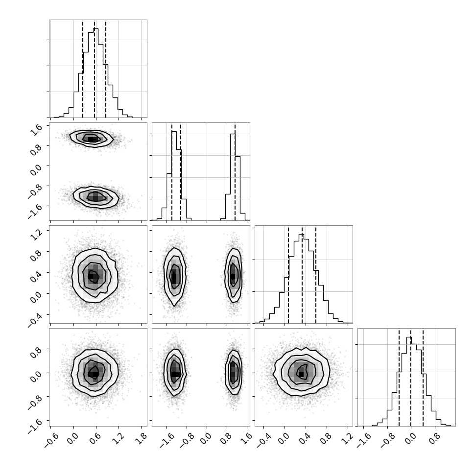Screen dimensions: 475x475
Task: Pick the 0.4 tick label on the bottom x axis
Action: coord(306,438)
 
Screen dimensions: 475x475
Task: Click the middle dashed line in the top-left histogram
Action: coord(95,70)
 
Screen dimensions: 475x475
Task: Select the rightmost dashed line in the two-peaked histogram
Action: coord(235,172)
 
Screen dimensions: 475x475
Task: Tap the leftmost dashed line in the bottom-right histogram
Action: coord(399,378)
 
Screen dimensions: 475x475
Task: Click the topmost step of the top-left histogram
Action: coord(95,28)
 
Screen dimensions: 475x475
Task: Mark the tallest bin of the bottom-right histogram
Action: coord(409,337)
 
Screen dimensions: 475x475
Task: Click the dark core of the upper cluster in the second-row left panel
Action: coord(92,140)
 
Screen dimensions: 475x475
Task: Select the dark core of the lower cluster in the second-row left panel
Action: coord(95,197)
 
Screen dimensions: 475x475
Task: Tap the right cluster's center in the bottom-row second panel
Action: coord(233,373)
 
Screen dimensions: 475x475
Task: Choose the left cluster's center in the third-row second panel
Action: coord(174,277)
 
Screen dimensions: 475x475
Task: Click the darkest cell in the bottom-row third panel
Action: coord(301,375)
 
